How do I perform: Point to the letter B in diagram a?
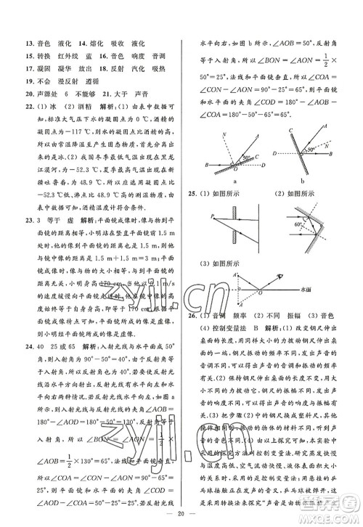[x=208, y=166]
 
